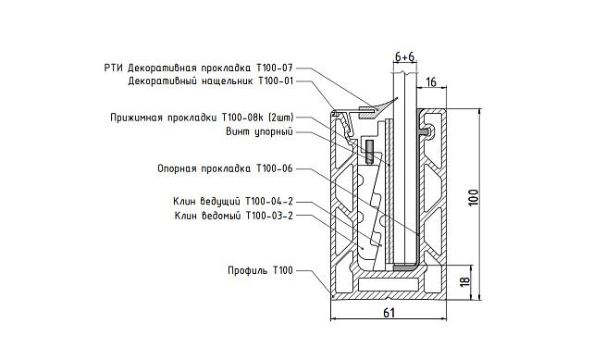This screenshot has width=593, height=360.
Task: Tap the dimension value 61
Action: (389, 313)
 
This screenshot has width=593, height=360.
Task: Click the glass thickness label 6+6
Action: (404, 56)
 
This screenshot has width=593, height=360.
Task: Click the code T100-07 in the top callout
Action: (275, 68)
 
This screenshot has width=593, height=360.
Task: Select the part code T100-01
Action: (275, 81)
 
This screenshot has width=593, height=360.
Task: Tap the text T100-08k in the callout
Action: (242, 118)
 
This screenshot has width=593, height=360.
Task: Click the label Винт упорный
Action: (260, 131)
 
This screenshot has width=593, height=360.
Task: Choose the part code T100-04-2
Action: (266, 202)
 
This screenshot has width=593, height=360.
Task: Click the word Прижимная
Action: (134, 118)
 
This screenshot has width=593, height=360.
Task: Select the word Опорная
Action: (177, 168)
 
